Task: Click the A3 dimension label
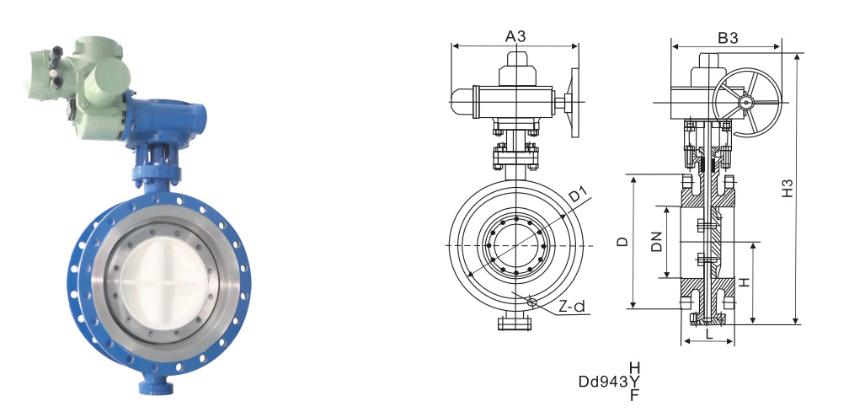pos(515,36)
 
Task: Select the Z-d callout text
pos(572,307)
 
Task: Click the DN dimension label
pos(657,242)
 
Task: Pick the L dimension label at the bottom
pos(709,334)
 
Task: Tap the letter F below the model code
pos(634,395)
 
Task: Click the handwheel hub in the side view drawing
pos(746,102)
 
